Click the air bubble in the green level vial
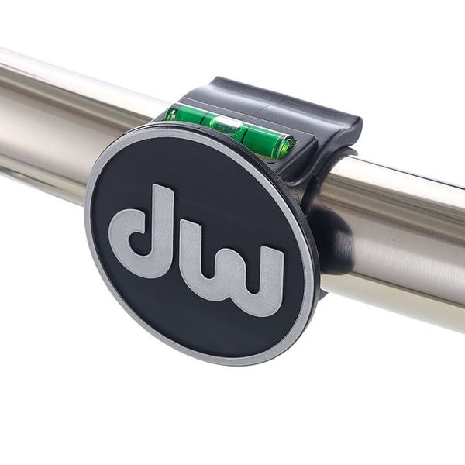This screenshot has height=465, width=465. point(225,122)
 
